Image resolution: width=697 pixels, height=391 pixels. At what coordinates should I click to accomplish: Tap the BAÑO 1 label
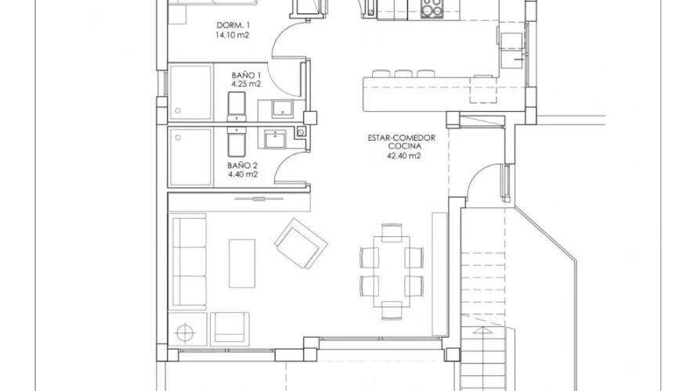click(x=244, y=73)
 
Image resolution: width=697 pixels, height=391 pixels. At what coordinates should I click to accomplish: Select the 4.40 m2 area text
click(x=243, y=174)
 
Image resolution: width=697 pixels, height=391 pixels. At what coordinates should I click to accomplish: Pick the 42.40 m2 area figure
click(x=403, y=156)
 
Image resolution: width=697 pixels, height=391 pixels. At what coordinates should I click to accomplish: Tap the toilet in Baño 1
click(x=237, y=106)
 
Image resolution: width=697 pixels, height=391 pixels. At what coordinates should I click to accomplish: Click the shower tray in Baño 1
click(x=190, y=92)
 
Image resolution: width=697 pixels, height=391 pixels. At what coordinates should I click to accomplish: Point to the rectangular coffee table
click(x=242, y=262)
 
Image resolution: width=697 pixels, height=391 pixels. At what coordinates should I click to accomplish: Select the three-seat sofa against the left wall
click(x=189, y=263)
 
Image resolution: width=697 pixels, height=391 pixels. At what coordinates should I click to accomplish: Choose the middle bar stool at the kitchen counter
click(x=403, y=74)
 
